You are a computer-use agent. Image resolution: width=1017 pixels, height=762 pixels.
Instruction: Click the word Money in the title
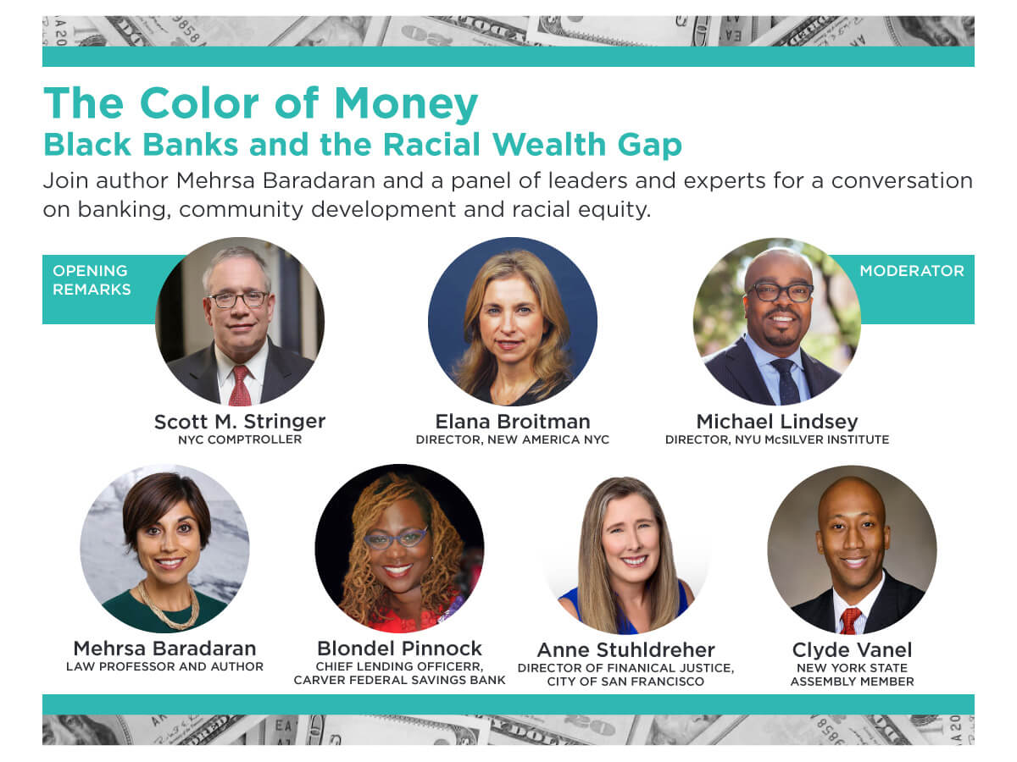(x=405, y=105)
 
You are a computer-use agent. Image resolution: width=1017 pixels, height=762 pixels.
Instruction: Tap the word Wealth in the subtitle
(x=549, y=144)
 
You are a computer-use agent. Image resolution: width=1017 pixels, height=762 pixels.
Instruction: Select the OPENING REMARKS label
(x=92, y=280)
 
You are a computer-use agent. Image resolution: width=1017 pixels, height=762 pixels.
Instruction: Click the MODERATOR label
(x=911, y=271)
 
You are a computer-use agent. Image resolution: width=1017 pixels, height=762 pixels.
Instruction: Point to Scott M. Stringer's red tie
(x=241, y=385)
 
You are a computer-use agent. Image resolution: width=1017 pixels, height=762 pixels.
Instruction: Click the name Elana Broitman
(x=513, y=422)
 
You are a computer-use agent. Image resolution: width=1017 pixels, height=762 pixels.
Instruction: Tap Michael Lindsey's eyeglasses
(x=781, y=292)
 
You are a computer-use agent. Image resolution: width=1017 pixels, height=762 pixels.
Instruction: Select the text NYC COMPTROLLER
(x=240, y=439)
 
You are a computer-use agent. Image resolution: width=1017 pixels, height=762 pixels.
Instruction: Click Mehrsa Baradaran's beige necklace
(x=169, y=607)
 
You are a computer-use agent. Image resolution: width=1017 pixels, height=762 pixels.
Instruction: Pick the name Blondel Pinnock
(x=399, y=649)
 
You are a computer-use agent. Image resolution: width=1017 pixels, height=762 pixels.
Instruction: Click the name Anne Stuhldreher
(x=626, y=650)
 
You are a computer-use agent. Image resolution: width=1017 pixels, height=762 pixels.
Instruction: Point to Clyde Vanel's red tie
(x=850, y=620)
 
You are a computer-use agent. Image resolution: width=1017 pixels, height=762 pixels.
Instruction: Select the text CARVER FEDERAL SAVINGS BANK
(x=399, y=680)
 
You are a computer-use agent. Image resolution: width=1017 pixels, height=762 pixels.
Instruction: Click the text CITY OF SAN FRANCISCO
(x=625, y=682)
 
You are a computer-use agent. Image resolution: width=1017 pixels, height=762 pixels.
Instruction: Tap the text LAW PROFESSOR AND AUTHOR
(x=164, y=666)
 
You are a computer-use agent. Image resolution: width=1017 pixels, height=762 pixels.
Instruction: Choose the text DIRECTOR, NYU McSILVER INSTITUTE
(x=777, y=439)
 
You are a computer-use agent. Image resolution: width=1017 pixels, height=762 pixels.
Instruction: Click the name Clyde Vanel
(x=852, y=650)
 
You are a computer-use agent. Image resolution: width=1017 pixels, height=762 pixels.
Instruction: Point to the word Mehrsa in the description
(x=215, y=180)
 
